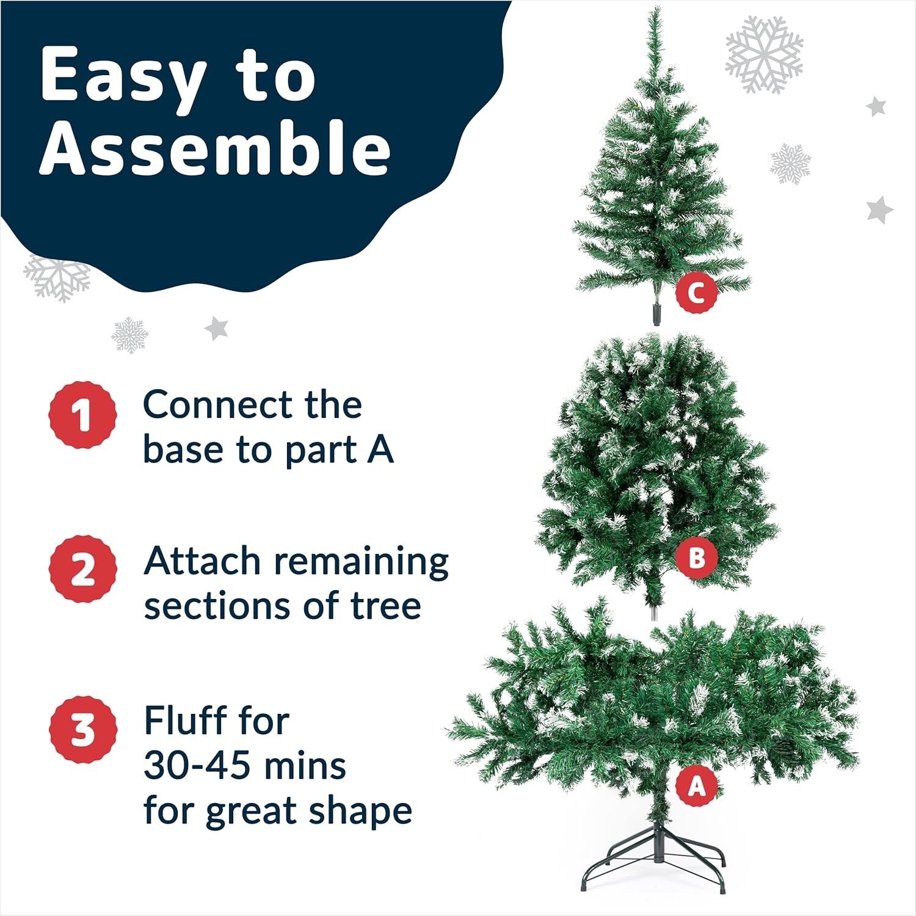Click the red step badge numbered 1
[x=83, y=415]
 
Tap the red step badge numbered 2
[x=83, y=569]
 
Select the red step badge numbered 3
[x=83, y=729]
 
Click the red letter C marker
[x=696, y=293]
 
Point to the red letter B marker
[x=696, y=557]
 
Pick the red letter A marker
[x=696, y=786]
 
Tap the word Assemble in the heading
[x=215, y=148]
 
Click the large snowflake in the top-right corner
[x=764, y=54]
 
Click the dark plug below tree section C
[x=657, y=314]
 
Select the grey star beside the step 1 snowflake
[x=216, y=329]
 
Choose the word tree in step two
[x=385, y=606]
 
